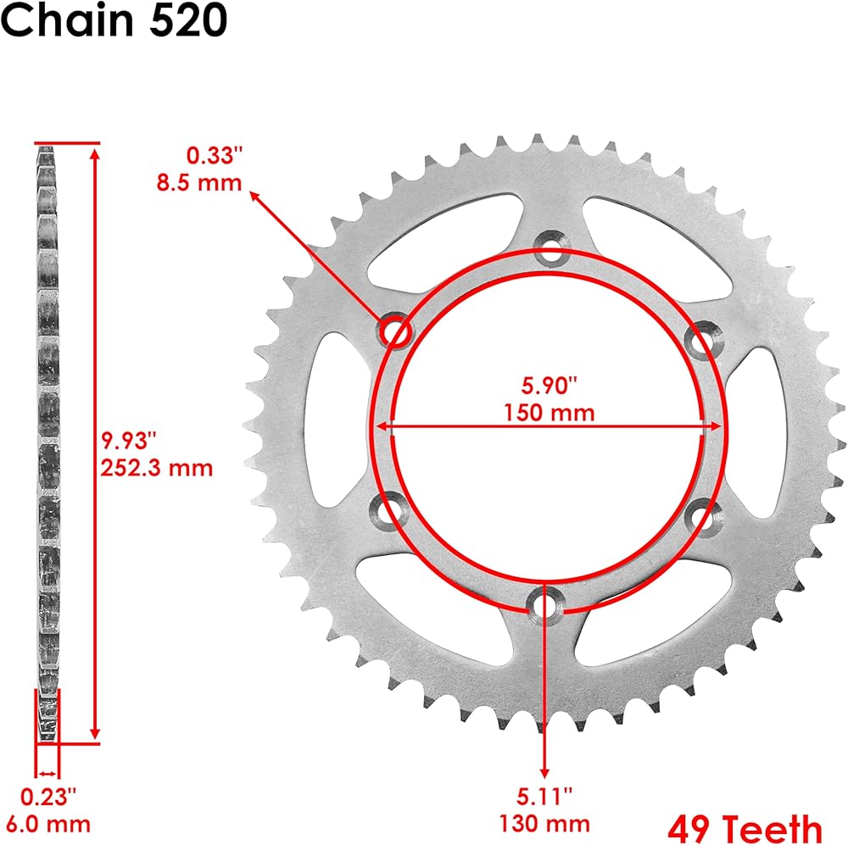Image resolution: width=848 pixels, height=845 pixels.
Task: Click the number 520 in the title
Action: click(x=187, y=20)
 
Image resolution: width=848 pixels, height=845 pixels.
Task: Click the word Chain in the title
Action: click(x=68, y=20)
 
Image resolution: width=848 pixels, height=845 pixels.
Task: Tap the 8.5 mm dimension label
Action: click(x=199, y=183)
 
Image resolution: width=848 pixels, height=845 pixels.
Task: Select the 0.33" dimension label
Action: click(x=214, y=155)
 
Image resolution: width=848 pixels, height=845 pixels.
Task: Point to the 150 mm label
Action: click(x=550, y=413)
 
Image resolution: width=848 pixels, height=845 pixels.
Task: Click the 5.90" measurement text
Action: click(x=550, y=386)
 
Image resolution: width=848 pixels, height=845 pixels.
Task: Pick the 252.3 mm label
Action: click(x=157, y=468)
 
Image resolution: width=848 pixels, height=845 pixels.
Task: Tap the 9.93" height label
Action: click(x=129, y=441)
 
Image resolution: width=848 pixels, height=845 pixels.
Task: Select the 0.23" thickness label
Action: click(x=48, y=797)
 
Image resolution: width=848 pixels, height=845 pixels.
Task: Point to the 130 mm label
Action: click(x=544, y=824)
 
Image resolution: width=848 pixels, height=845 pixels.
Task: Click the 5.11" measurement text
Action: click(x=544, y=797)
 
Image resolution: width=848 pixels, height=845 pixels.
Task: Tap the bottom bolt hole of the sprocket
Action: click(x=545, y=605)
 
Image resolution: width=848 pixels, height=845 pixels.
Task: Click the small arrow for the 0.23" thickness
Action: click(x=47, y=774)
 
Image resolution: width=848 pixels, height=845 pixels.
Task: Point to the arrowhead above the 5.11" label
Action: click(x=545, y=772)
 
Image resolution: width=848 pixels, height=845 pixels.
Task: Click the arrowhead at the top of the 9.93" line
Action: click(x=95, y=154)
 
